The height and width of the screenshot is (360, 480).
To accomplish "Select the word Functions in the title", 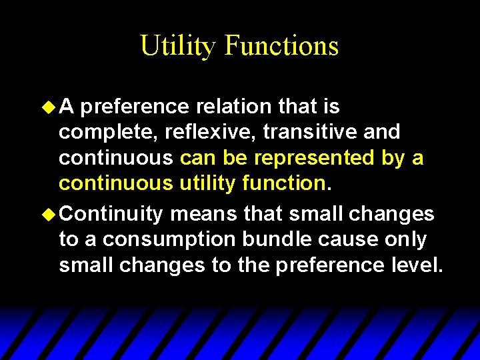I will point(281,46).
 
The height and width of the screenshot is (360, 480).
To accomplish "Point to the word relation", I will point(223,106).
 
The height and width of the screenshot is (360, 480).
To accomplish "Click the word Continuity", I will point(114,214).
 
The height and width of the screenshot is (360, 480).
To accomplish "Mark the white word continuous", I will point(116,159).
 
